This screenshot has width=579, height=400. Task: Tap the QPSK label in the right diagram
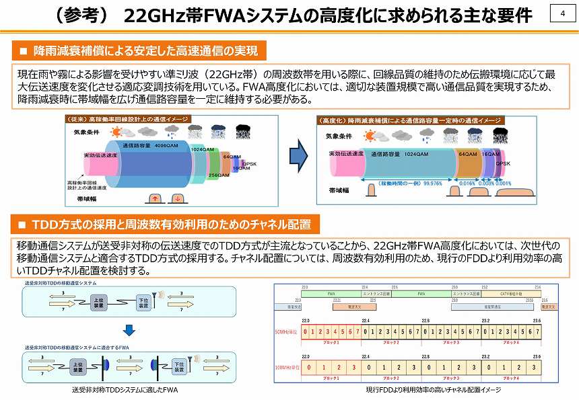504,163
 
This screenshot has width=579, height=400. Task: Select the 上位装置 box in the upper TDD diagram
98,303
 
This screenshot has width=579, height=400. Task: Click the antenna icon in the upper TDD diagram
160,294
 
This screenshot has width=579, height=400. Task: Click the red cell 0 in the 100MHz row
310,368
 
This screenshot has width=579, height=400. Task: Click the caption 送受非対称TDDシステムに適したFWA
125,390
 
